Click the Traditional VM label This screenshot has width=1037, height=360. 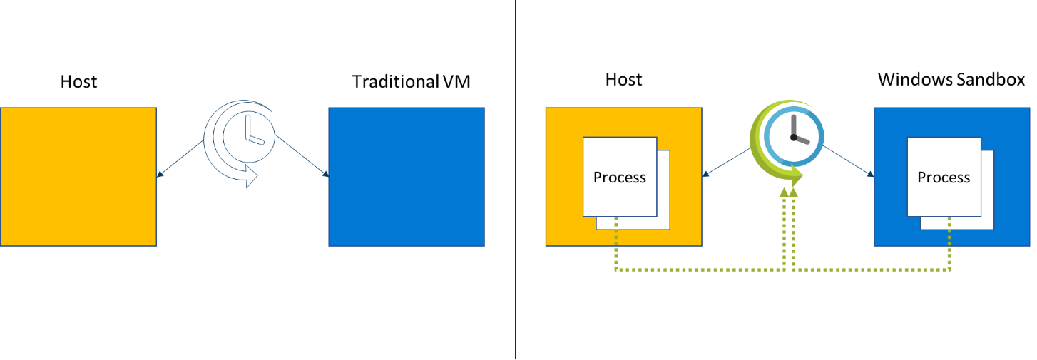[x=412, y=82]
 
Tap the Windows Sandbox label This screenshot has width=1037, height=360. [x=951, y=79]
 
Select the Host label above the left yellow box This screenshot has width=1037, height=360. [x=78, y=82]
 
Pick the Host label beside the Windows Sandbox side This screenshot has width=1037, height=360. [x=623, y=79]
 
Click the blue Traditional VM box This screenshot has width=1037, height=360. [x=407, y=177]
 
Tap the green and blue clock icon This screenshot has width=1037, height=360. [x=787, y=140]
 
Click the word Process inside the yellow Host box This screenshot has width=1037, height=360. [x=620, y=178]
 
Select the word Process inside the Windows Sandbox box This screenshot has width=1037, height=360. [x=944, y=178]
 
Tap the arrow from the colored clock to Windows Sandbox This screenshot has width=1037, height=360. [x=848, y=160]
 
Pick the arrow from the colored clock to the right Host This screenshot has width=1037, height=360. [x=727, y=160]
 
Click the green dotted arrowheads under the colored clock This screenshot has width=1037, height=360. [x=789, y=191]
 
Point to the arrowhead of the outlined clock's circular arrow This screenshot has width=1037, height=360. [x=250, y=177]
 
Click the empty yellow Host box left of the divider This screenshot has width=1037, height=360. [x=78, y=177]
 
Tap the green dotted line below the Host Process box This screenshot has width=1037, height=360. [x=615, y=250]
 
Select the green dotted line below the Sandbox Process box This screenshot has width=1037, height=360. [x=949, y=250]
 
